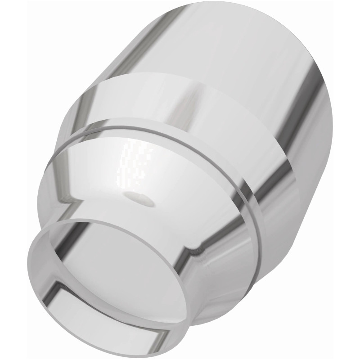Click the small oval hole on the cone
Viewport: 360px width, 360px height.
[x=139, y=198]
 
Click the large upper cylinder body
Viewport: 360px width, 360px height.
[x=234, y=49]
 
